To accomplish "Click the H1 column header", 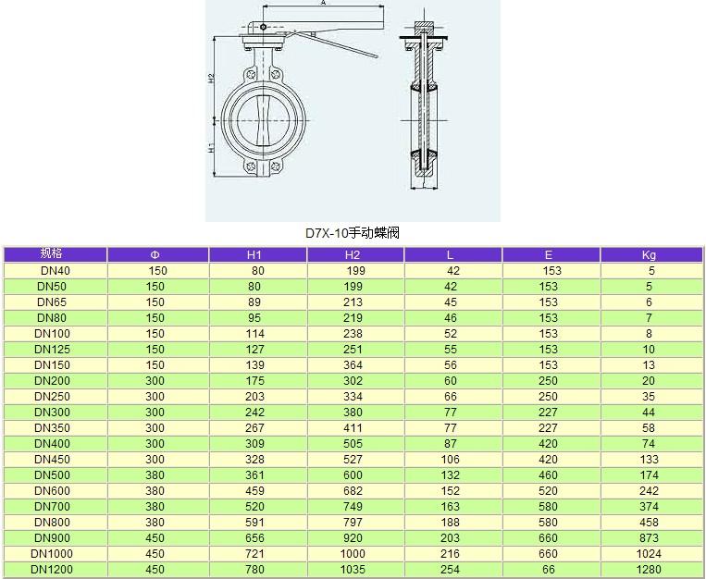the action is click(x=254, y=255).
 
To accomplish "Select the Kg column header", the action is click(x=649, y=255).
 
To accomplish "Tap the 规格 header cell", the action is click(x=51, y=253).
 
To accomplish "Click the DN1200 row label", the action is click(x=52, y=569).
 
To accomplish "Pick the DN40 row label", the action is click(x=56, y=271).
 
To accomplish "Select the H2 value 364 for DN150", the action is click(x=353, y=365).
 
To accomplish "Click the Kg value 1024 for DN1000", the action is click(x=649, y=553).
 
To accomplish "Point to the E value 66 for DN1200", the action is click(x=549, y=569).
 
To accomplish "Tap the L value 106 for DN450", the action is click(x=451, y=460).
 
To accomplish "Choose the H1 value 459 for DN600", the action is click(x=254, y=491).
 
